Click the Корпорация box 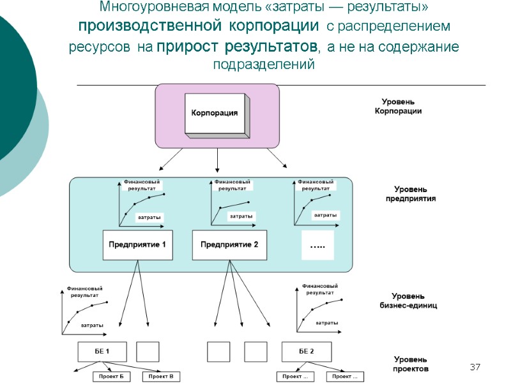coord(216,114)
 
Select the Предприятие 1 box coord(137,245)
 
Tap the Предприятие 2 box coord(229,245)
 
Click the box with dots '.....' coord(317,245)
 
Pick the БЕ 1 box coord(102,352)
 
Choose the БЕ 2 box coord(306,352)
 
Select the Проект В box coord(160,377)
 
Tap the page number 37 coord(475,367)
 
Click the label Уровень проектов coord(410,364)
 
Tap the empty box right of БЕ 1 coord(148,352)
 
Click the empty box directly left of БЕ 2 coord(256,352)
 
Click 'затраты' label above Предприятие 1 coord(151,218)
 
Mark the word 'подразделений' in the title coord(263,65)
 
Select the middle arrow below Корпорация coord(218,160)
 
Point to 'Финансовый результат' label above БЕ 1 coord(84,292)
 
